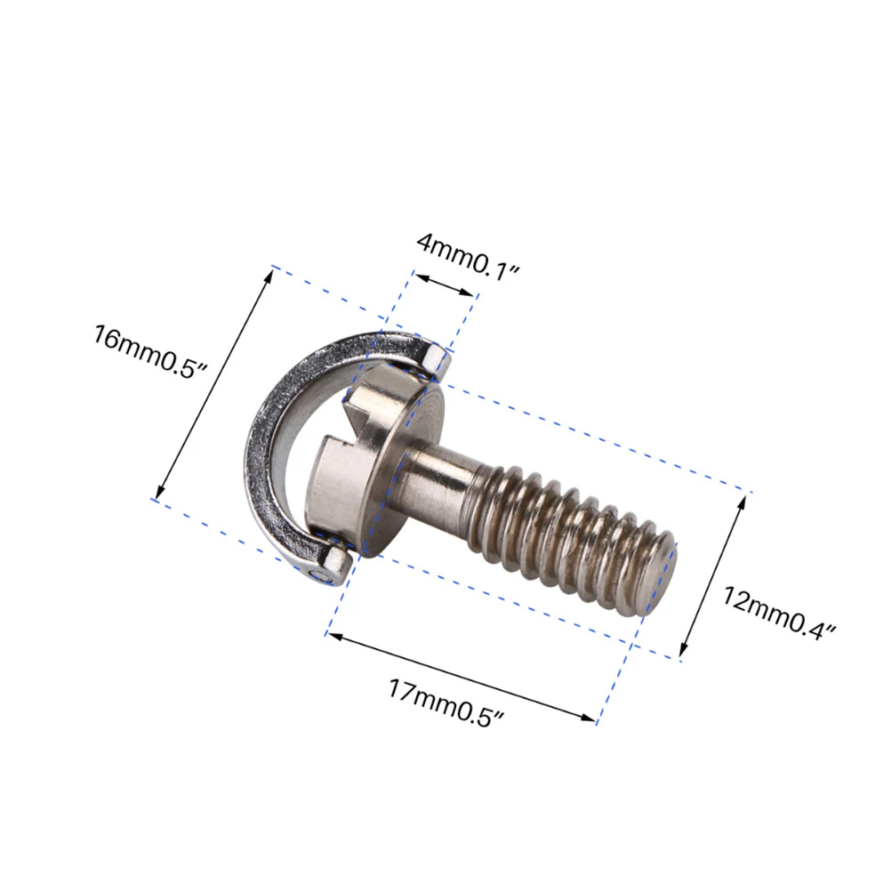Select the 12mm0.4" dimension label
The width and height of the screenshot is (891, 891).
(x=779, y=613)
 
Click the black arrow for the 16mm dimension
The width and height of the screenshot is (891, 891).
(x=214, y=384)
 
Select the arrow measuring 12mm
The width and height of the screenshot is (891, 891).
(x=712, y=577)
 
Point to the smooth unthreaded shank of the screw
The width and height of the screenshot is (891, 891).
(x=440, y=478)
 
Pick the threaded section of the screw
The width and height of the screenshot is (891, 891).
(x=569, y=538)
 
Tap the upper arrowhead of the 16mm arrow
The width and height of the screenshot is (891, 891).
(x=269, y=273)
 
